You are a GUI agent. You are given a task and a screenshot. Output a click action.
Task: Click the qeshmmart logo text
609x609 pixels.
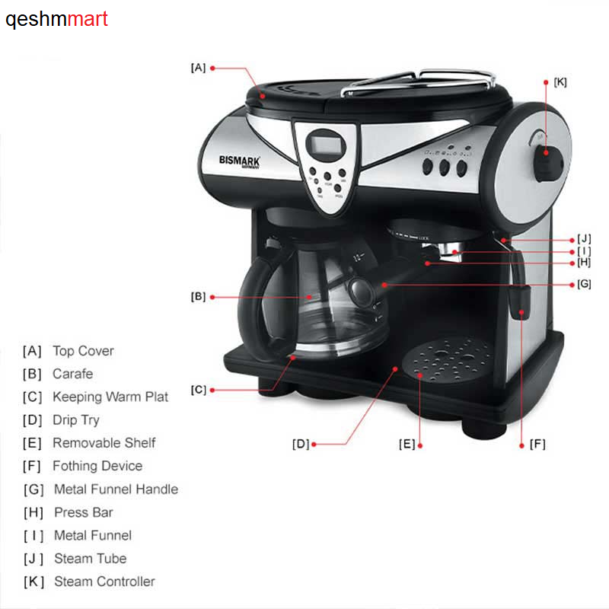pyautogui.click(x=57, y=19)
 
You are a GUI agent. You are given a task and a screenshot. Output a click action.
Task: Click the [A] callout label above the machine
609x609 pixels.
pyautogui.click(x=198, y=68)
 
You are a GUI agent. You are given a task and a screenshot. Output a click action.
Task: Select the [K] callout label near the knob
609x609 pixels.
pyautogui.click(x=560, y=81)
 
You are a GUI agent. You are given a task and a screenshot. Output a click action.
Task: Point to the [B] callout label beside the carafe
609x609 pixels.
pyautogui.click(x=198, y=297)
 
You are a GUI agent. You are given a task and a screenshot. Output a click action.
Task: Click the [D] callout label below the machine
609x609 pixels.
pyautogui.click(x=301, y=444)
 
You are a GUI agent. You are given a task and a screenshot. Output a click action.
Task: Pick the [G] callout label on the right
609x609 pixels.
pyautogui.click(x=583, y=284)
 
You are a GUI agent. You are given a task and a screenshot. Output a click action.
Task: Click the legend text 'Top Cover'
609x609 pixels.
pyautogui.click(x=83, y=351)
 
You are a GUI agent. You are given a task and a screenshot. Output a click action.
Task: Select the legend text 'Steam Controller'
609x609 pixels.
pyautogui.click(x=104, y=582)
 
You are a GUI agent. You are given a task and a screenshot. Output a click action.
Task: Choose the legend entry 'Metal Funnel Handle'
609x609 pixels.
pyautogui.click(x=116, y=489)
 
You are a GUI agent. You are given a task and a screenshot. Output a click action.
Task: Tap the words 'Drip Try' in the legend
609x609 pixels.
pyautogui.click(x=76, y=420)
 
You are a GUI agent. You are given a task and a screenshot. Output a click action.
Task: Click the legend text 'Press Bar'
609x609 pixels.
pyautogui.click(x=84, y=512)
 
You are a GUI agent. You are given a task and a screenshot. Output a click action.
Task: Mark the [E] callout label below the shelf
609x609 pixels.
pyautogui.click(x=407, y=444)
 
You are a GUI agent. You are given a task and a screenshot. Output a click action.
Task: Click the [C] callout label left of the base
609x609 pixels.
pyautogui.click(x=198, y=390)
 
